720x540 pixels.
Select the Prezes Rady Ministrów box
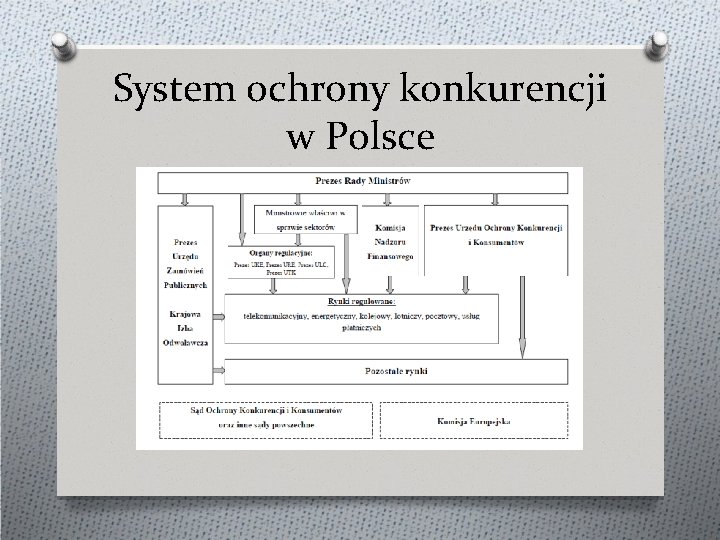[x=362, y=182]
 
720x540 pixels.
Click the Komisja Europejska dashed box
[x=472, y=421]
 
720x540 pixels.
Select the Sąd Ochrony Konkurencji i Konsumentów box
[x=266, y=420]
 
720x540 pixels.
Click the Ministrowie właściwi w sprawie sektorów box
[x=306, y=219]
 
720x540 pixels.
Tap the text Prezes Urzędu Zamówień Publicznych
[x=185, y=262]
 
